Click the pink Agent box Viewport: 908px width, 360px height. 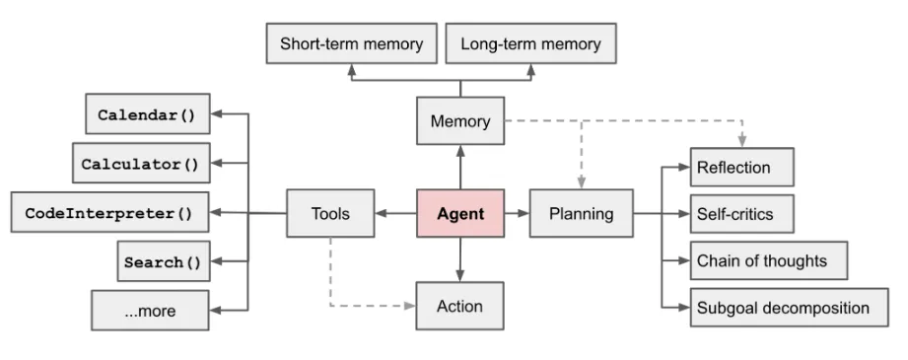460,213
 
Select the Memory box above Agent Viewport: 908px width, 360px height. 460,120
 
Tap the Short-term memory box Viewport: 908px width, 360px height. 352,43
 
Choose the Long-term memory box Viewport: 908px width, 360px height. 530,43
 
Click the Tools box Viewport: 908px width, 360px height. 330,213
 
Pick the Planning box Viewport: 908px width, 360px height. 581,213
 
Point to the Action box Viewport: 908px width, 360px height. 459,306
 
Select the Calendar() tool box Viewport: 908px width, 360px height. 148,114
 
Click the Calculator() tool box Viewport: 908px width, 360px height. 141,164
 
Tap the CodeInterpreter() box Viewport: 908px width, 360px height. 110,212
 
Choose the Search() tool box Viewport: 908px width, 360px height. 164,261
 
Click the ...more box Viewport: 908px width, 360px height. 150,311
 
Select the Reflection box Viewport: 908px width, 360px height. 741,168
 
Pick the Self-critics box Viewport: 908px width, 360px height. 741,214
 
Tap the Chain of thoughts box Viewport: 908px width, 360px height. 769,260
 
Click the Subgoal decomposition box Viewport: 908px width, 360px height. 790,308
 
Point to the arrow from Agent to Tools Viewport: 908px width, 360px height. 395,213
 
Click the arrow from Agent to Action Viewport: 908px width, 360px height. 460,259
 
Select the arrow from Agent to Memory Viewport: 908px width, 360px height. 460,167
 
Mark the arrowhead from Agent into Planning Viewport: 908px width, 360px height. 524,213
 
